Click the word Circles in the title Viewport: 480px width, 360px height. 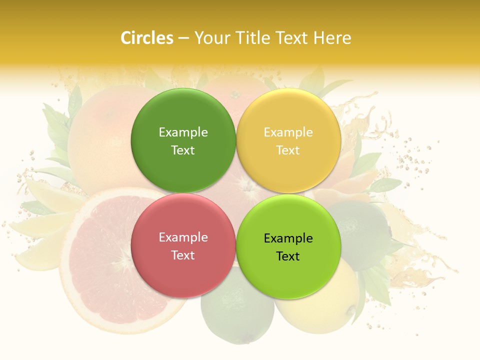click(146, 38)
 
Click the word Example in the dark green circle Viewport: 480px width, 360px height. click(183, 132)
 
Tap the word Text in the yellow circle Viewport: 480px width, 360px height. click(288, 150)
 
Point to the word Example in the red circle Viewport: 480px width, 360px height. click(183, 237)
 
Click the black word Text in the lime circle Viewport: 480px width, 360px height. click(288, 256)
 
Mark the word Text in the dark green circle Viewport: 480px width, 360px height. click(183, 150)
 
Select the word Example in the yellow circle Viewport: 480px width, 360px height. click(288, 132)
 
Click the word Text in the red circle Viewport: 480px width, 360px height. click(183, 255)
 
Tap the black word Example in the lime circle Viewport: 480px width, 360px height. click(288, 238)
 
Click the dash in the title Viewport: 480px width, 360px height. click(183, 38)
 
